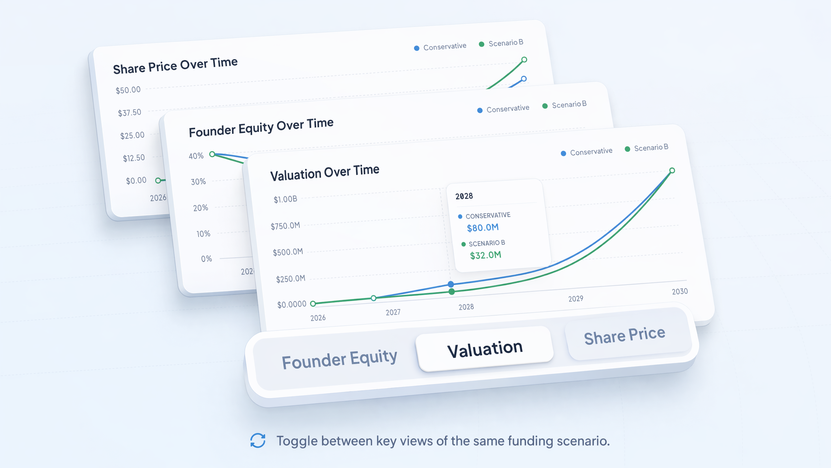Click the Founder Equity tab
[x=339, y=359]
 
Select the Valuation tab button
[x=485, y=349]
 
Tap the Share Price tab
[x=625, y=335]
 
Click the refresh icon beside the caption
[x=258, y=441]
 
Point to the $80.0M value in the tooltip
[x=483, y=227]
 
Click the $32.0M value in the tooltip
[x=486, y=255]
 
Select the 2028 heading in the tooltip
[x=464, y=196]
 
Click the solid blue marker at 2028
[x=451, y=284]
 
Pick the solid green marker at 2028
[x=452, y=292]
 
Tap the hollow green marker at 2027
[x=374, y=298]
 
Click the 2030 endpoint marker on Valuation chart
[x=672, y=170]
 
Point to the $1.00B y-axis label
[x=285, y=199]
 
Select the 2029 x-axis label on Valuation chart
[x=576, y=299]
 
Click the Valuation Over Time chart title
[x=325, y=173]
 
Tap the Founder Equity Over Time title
[x=261, y=127]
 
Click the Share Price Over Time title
[x=175, y=66]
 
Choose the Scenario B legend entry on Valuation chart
[x=647, y=148]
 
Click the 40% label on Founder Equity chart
[x=196, y=156]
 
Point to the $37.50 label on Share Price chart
[x=130, y=113]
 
